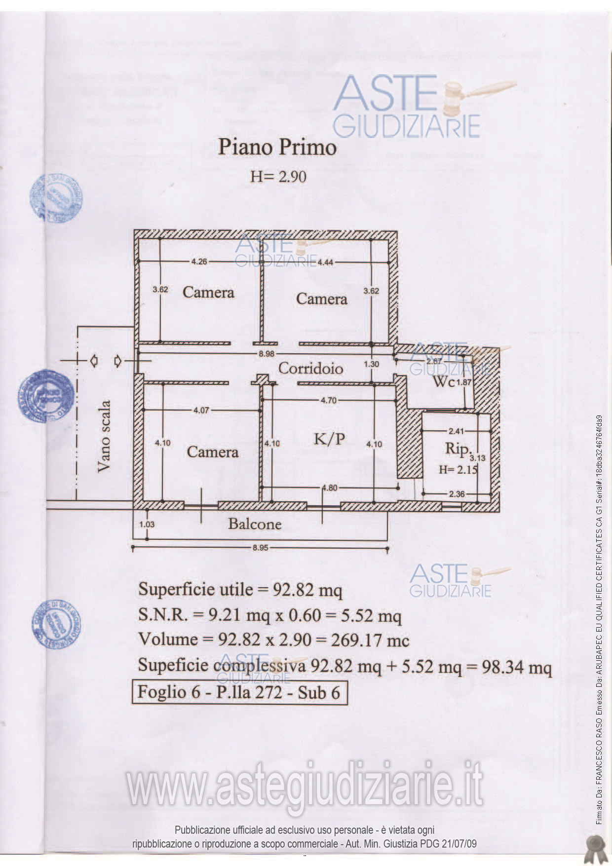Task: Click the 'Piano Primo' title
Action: coord(277,148)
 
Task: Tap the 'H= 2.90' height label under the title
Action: coord(278,177)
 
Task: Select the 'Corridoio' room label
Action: coord(310,368)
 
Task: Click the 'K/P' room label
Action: coord(329,438)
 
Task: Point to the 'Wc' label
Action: coord(443,381)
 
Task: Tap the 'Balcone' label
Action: coord(255,524)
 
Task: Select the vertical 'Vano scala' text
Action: coord(104,436)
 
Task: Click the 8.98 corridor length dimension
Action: coord(266,354)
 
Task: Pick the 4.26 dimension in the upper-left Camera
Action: coord(199,262)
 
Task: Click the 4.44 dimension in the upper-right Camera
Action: coord(325,263)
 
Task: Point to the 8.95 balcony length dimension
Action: coord(260,548)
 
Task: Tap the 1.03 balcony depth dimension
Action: coord(147,525)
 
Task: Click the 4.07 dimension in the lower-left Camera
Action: coord(201,410)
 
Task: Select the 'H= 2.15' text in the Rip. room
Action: coord(458,469)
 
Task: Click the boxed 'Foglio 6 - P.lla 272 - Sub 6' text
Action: coord(239,692)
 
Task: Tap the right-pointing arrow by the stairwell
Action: coord(118,361)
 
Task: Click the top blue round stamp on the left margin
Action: coord(55,198)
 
